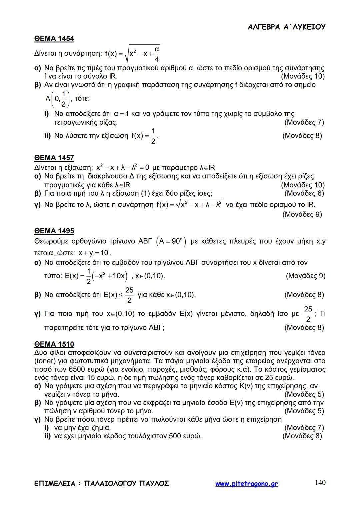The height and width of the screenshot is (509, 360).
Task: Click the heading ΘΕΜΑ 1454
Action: click(x=54, y=39)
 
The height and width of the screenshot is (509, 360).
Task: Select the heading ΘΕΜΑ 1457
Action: click(x=54, y=158)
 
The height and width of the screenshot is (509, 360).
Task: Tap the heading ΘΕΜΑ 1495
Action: click(x=54, y=231)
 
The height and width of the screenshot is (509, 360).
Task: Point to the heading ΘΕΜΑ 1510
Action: click(x=54, y=344)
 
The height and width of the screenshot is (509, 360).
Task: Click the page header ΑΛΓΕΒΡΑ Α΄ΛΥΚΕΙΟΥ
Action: click(x=286, y=27)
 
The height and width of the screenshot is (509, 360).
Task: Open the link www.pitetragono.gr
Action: click(x=246, y=484)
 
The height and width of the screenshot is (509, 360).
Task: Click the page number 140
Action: click(x=320, y=483)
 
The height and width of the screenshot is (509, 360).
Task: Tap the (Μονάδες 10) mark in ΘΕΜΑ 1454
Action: click(x=303, y=76)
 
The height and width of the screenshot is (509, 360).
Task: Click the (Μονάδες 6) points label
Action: click(x=304, y=194)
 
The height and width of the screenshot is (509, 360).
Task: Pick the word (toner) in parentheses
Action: click(x=45, y=361)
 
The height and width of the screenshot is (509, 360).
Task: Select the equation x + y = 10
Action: click(x=94, y=253)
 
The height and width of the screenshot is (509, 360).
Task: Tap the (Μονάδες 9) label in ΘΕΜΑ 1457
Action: click(x=302, y=214)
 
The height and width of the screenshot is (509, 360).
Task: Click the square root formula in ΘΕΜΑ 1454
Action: click(x=132, y=54)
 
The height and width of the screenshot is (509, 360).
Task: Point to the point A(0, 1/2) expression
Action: click(x=58, y=99)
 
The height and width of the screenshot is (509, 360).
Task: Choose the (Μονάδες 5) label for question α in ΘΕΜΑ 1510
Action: click(x=304, y=394)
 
